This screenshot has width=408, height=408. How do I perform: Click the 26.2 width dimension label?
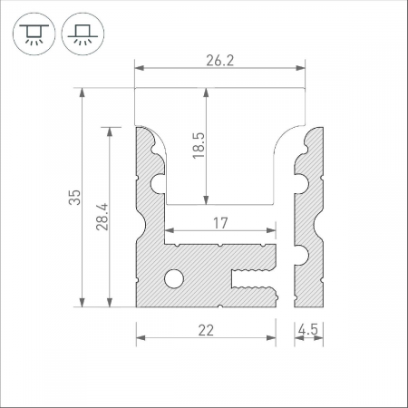coord(219,62)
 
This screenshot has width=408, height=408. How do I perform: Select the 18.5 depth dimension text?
coord(198,145)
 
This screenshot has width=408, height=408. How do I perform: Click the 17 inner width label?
coord(220,223)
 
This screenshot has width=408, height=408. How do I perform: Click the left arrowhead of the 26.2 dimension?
coord(140,67)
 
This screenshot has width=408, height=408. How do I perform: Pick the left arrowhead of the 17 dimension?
coord(169,231)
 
